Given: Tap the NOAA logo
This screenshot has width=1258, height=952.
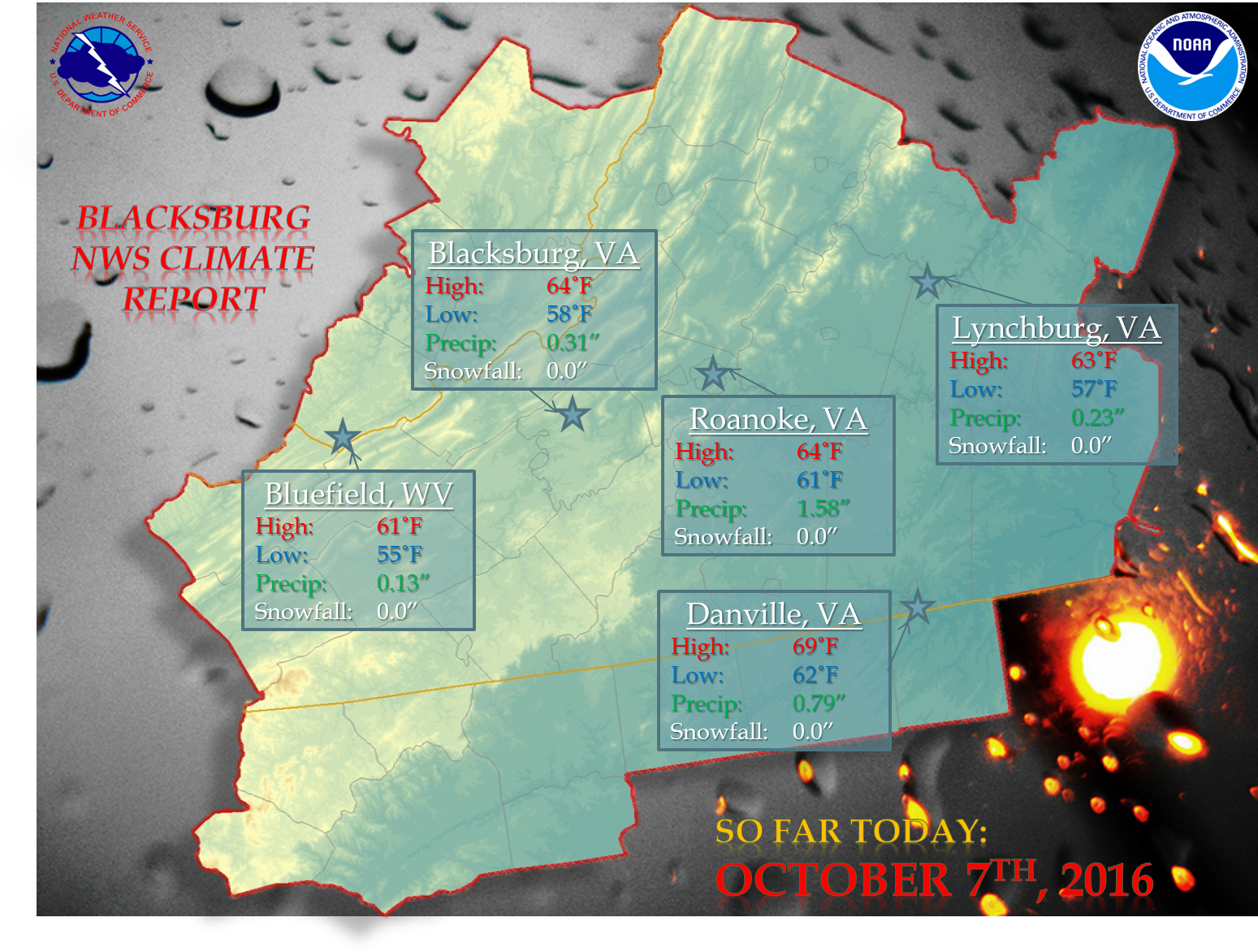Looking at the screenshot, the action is (x=1192, y=64).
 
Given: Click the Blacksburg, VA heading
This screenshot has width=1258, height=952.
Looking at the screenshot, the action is (x=534, y=253).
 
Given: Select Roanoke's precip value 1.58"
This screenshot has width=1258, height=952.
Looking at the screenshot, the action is (x=823, y=508).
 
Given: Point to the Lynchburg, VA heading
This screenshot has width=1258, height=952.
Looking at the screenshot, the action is (x=1057, y=328).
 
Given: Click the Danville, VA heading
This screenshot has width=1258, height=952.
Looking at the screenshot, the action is (x=773, y=614).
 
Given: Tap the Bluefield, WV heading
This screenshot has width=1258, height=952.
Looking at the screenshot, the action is (x=358, y=494).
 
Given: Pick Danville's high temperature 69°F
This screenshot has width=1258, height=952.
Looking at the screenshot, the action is (x=815, y=647).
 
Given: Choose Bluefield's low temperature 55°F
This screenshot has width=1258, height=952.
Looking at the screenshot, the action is (x=400, y=555).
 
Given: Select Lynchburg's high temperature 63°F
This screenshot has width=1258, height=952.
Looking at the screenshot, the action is (x=1094, y=361).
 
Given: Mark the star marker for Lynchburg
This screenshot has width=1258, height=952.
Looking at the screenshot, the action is (x=927, y=282).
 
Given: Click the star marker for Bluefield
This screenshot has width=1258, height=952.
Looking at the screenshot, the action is (x=342, y=437).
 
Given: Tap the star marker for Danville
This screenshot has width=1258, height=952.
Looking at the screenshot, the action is (x=917, y=606).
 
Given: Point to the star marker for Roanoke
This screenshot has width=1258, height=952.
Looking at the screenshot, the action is (x=713, y=374).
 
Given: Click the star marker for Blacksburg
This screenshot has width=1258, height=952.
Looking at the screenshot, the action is (x=573, y=414).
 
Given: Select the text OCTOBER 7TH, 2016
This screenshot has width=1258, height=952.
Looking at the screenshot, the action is (x=934, y=880).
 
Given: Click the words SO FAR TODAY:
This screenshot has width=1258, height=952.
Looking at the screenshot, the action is (x=851, y=831).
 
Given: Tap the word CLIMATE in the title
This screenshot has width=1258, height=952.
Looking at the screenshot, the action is (x=236, y=258).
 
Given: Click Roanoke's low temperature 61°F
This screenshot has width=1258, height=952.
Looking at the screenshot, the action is (x=819, y=480).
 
